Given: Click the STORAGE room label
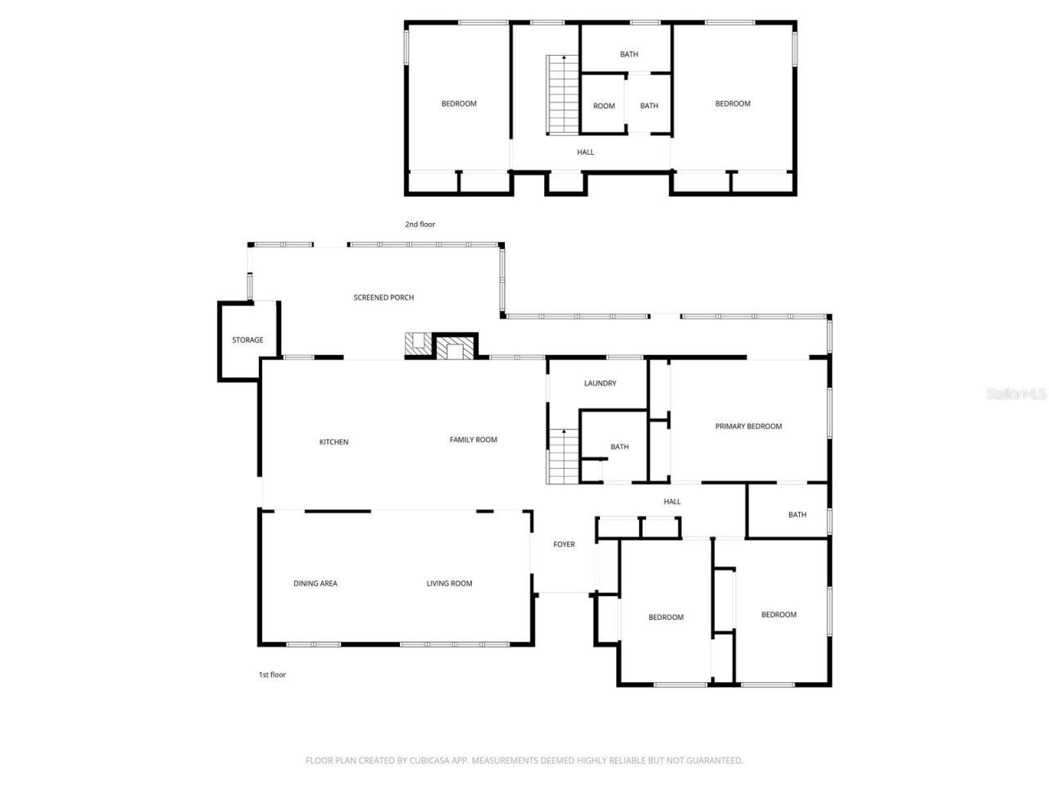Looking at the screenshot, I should coord(247,340).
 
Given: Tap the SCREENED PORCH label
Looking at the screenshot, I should coord(384,298).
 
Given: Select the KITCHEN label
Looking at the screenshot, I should coord(334,443).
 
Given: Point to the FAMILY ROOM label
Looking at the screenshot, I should coord(473,440).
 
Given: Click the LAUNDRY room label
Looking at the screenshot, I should coord(600,384).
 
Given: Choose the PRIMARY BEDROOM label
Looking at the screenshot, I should coord(748,426).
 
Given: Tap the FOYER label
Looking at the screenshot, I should coord(564,544).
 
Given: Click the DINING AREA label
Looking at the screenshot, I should coord(316,584).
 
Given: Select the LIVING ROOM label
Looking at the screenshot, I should coord(449,584).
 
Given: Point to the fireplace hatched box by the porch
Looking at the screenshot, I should coord(454,349).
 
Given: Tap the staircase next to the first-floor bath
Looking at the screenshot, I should coord(563,457).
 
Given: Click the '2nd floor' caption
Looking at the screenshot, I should coord(420,225).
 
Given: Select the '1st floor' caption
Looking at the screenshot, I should coord(272,675).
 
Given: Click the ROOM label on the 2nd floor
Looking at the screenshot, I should coord(604,107).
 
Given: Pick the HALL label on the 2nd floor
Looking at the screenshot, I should coord(585,152).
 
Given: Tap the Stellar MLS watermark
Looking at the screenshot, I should coord(1016,394).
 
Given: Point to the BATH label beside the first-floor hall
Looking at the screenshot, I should coord(797,515).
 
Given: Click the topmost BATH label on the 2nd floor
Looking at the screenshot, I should coord(629,55).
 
